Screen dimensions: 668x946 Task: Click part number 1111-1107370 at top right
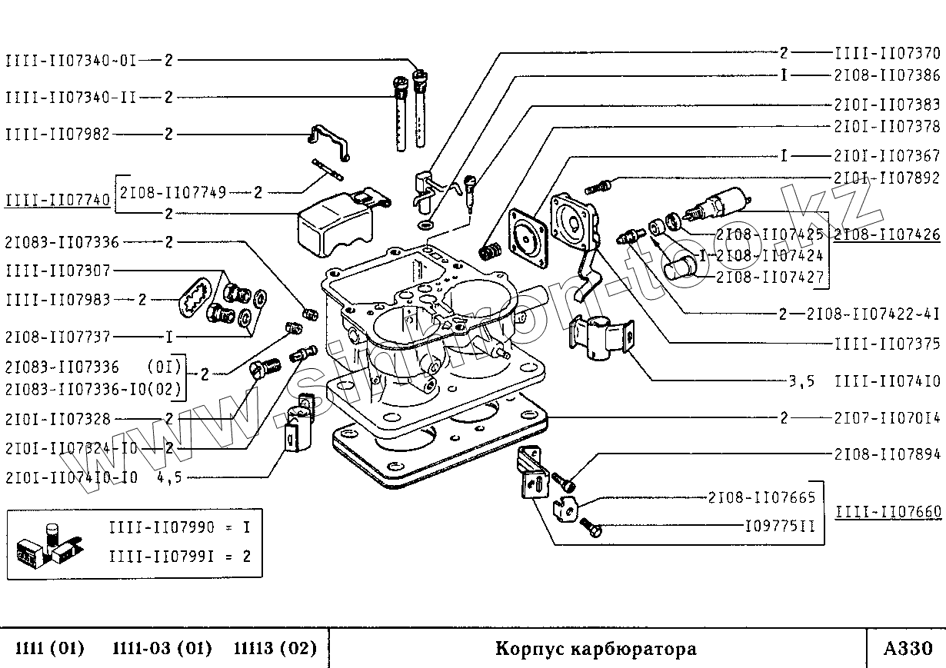point(887,54)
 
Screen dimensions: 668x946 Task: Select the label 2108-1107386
point(887,76)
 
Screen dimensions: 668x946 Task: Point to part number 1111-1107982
point(58,135)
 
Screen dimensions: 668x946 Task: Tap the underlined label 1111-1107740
point(58,201)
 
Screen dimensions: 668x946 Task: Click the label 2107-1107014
point(887,419)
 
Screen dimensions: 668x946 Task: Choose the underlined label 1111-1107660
point(887,511)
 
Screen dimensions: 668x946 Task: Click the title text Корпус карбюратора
point(596,649)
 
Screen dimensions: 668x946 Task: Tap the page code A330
point(908,649)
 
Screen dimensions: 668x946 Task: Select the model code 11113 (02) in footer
point(275,649)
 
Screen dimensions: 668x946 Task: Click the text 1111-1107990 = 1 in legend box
point(180,528)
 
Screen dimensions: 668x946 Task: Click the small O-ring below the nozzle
point(424,226)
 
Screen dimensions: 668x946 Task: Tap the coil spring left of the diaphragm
point(490,251)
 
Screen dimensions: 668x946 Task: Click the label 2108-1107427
point(769,276)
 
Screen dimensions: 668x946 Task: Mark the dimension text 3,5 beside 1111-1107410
point(801,380)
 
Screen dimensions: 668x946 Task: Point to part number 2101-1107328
point(58,420)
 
